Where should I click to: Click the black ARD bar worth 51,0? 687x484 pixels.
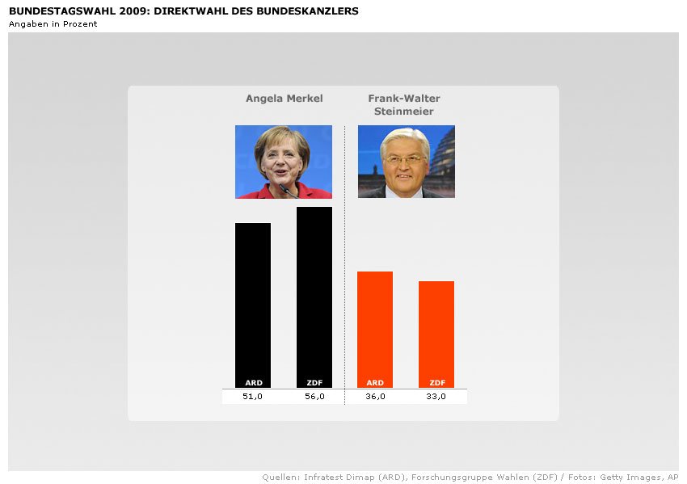[253, 303]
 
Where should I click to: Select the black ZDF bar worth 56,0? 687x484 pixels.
[314, 295]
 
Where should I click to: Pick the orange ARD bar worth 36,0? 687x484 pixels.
[375, 327]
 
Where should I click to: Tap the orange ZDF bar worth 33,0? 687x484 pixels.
[436, 332]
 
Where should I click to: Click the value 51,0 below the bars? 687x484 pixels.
[253, 396]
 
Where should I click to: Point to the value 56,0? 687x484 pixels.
[314, 396]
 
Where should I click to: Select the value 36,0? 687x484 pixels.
[375, 396]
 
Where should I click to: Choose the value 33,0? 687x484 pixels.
[436, 396]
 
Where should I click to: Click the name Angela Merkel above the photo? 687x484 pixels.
[284, 99]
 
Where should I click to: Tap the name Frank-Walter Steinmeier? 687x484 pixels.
[404, 105]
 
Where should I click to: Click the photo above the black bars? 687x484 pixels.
[284, 162]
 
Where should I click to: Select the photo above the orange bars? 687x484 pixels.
[407, 162]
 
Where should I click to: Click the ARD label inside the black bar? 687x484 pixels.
[253, 383]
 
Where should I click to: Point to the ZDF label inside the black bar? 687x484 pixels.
[314, 383]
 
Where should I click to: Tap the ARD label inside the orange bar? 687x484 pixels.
[375, 383]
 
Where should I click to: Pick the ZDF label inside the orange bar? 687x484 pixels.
[437, 383]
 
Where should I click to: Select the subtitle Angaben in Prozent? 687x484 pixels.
[53, 23]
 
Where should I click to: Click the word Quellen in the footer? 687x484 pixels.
[280, 478]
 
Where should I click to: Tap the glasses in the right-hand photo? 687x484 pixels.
[404, 159]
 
